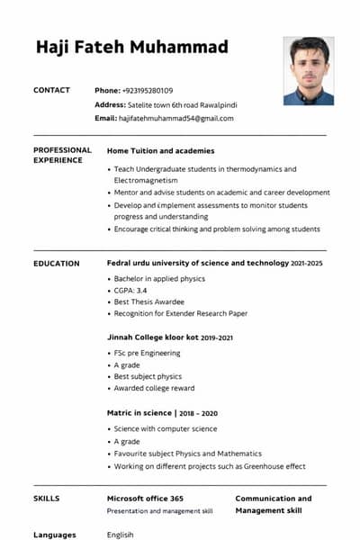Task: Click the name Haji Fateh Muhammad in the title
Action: coord(131,47)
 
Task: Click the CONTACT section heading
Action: coord(51,91)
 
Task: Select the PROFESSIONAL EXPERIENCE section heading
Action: coord(62,155)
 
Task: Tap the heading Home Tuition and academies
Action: coord(160,150)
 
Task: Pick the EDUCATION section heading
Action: coord(56,264)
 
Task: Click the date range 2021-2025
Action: coord(306,264)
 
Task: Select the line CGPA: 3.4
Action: coord(130,291)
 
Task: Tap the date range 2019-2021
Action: coord(217,338)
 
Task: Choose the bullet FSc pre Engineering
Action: coord(147,353)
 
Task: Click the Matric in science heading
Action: coord(140,413)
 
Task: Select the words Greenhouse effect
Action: coord(275,466)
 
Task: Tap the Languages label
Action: coord(55,535)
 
